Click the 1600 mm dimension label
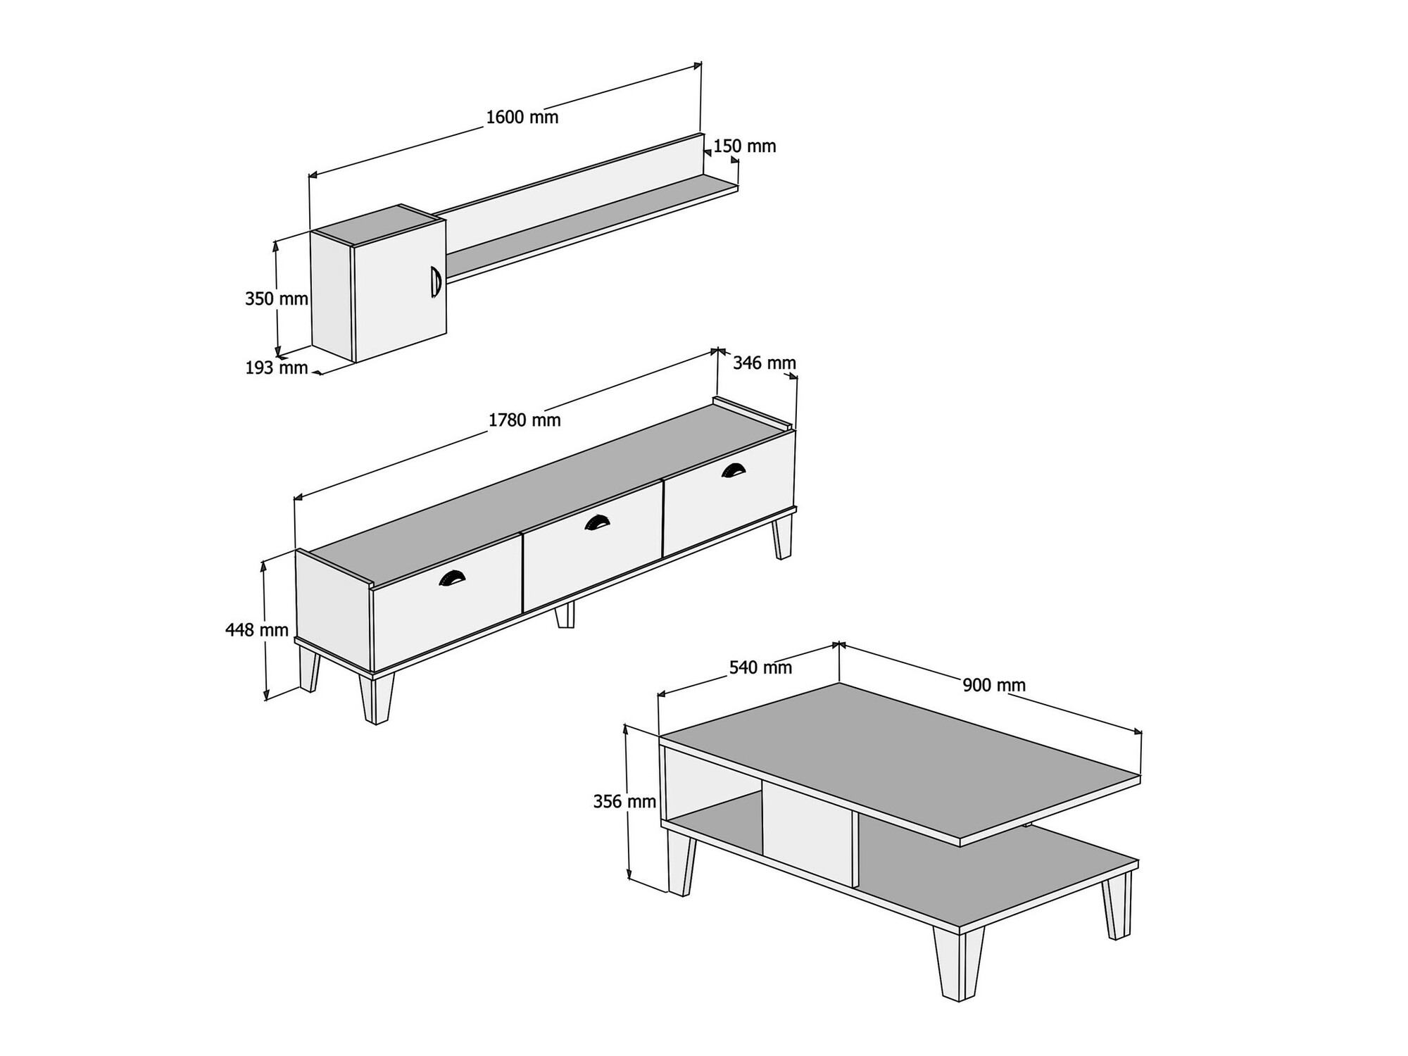522,117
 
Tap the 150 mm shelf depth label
745,146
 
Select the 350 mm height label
277,298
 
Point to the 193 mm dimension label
277,367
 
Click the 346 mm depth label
765,363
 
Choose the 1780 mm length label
524,420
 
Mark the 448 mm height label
257,629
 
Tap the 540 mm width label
760,667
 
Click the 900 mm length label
994,685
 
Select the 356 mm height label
624,801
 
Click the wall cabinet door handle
435,282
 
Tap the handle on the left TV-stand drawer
452,578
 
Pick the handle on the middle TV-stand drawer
597,522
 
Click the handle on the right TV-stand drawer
733,470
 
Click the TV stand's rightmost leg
782,537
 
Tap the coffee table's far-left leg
681,863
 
